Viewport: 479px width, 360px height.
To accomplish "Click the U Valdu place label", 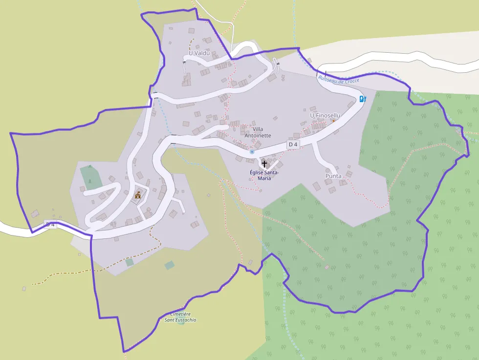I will [x=199, y=53].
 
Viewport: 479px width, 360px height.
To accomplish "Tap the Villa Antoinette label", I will [x=258, y=132].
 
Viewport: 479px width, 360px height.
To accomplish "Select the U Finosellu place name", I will [x=325, y=115].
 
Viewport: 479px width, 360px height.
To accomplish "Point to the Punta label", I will [x=333, y=176].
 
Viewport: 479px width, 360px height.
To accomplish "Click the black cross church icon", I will [x=264, y=163].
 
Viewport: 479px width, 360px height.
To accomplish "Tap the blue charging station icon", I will [x=363, y=99].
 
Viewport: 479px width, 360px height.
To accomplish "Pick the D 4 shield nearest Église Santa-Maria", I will [x=293, y=145].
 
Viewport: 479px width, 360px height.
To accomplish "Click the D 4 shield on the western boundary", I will [x=50, y=224].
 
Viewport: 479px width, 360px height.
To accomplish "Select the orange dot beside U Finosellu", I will [x=333, y=121].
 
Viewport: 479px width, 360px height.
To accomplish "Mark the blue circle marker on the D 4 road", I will [x=252, y=152].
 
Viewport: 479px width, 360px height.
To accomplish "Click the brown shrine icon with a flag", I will [x=138, y=196].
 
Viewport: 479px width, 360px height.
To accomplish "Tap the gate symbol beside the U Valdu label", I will [x=184, y=62].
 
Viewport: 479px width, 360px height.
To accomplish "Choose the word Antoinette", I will [x=258, y=136].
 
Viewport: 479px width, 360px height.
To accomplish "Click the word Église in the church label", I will [x=257, y=172].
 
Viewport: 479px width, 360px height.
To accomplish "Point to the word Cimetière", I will [x=180, y=314].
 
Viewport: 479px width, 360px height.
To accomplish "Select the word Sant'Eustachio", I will [x=180, y=320].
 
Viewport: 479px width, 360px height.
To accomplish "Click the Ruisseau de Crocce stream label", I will [x=338, y=79].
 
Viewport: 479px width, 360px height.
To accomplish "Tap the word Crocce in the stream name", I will [x=351, y=80].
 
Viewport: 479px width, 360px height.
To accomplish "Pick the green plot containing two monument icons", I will [x=89, y=177].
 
